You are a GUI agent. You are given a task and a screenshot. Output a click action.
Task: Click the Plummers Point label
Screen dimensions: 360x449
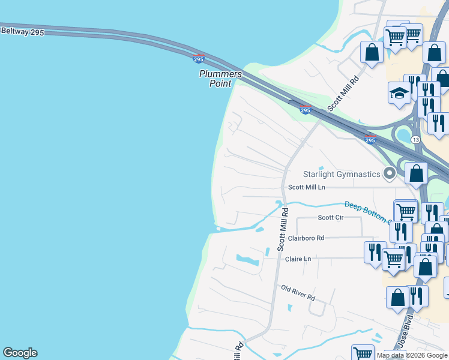pyautogui.click(x=220, y=79)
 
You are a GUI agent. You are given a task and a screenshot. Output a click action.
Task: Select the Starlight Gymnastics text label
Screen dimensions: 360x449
pyautogui.click(x=342, y=174)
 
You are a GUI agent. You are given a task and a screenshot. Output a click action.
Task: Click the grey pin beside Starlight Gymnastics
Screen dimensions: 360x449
pyautogui.click(x=390, y=173)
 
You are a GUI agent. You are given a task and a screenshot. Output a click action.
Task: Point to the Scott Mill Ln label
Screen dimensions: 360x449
pyautogui.click(x=306, y=187)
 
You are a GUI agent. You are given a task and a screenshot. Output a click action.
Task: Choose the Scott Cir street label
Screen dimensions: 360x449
pyautogui.click(x=330, y=217)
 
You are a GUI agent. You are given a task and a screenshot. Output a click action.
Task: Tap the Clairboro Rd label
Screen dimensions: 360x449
pyautogui.click(x=306, y=238)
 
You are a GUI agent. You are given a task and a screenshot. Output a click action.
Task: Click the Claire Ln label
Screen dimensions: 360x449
pyautogui.click(x=298, y=259)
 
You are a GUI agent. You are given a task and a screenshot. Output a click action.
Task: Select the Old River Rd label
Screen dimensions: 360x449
pyautogui.click(x=298, y=293)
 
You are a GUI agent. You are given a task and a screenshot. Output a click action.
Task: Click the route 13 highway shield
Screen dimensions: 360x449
pyautogui.click(x=415, y=139)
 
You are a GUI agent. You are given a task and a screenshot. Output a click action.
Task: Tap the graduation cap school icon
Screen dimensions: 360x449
pyautogui.click(x=399, y=93)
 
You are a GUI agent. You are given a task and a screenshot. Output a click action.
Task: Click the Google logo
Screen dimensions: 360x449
pyautogui.click(x=20, y=353)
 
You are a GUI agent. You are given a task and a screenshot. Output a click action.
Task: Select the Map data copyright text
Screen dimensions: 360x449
pyautogui.click(x=412, y=355)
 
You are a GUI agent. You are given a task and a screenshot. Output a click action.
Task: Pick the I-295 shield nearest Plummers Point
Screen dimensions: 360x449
pyautogui.click(x=199, y=59)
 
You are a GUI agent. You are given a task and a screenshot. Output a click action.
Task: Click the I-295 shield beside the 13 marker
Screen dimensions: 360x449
pyautogui.click(x=370, y=140)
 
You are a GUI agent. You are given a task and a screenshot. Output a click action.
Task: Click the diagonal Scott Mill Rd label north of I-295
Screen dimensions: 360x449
pyautogui.click(x=343, y=93)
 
